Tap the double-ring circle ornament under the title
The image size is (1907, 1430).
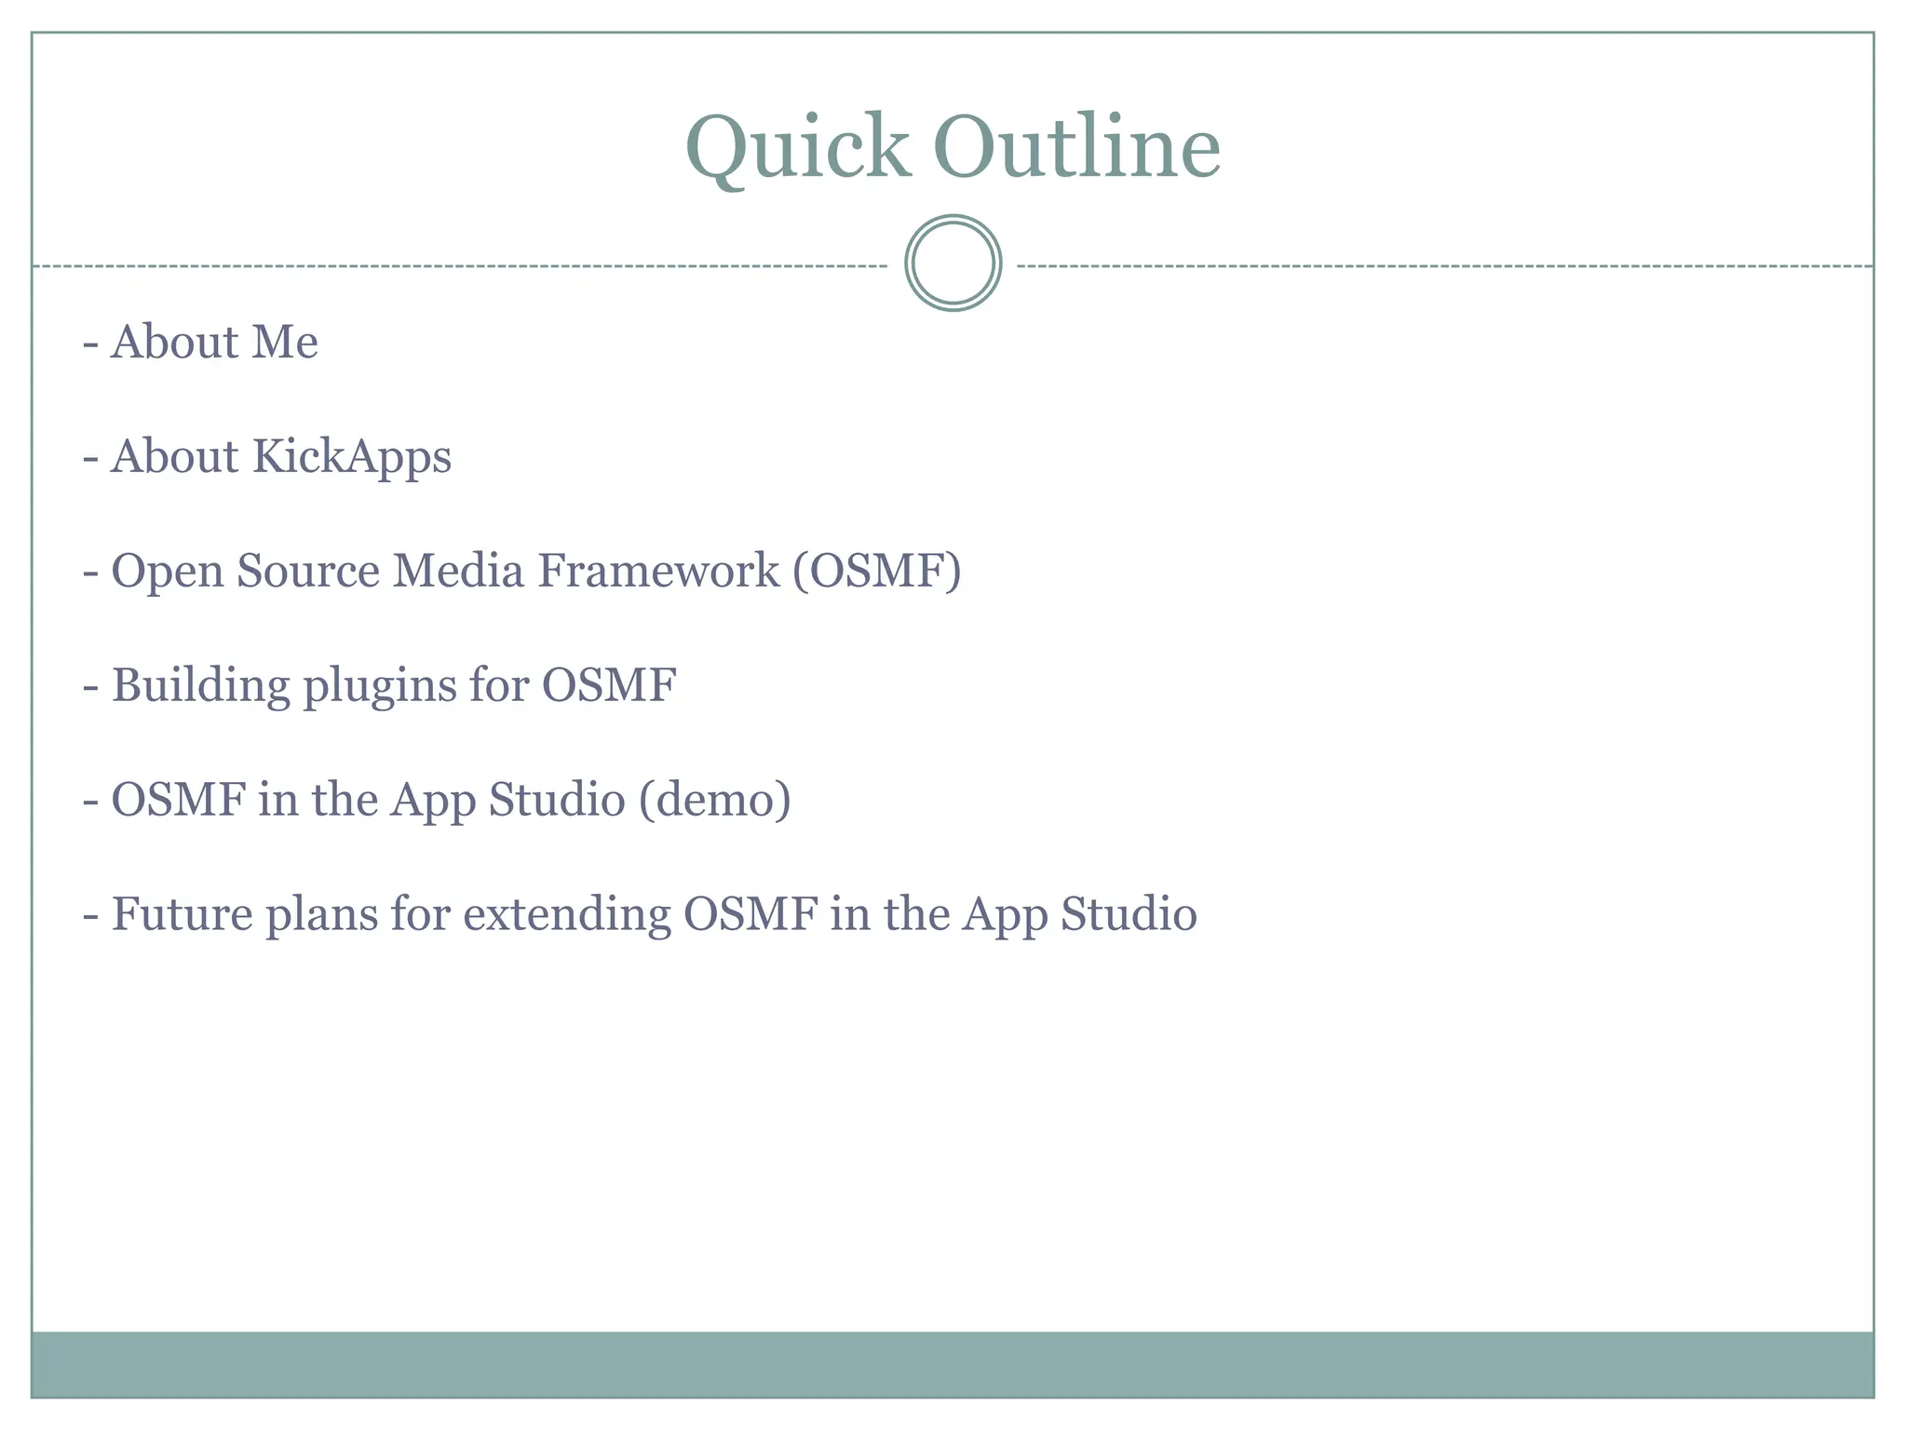(953, 263)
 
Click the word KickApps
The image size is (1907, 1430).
(351, 457)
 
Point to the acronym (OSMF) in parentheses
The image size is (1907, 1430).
(876, 571)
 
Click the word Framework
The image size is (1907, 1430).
(658, 571)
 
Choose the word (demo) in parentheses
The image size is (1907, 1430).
(714, 800)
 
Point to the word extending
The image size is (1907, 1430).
(566, 915)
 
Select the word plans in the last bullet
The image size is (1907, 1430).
(320, 915)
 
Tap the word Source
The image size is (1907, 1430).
(308, 571)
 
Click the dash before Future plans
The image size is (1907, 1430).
(90, 916)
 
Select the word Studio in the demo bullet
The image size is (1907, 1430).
(557, 800)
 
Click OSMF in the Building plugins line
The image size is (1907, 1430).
(609, 685)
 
